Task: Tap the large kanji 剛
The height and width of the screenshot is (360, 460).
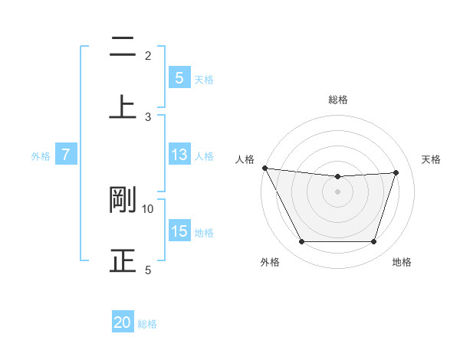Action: point(123,199)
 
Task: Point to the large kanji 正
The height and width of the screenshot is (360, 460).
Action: point(123,260)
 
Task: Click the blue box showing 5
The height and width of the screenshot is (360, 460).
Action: point(179,77)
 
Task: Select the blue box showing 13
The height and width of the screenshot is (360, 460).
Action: point(179,155)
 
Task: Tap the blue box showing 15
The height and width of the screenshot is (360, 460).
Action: point(179,231)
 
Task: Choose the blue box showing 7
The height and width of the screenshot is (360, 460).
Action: point(66,155)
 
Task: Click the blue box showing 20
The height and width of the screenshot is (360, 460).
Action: point(123,322)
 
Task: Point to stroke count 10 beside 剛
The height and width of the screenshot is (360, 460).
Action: point(148,208)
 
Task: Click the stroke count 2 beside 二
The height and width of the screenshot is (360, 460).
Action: point(148,56)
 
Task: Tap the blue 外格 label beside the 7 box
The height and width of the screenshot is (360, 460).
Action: point(41,156)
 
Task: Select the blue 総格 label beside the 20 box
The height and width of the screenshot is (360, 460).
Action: point(147,324)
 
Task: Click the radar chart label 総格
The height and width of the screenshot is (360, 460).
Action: point(338,100)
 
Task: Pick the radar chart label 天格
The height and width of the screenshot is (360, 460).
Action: point(432,159)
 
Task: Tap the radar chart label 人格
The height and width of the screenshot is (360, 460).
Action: point(245,159)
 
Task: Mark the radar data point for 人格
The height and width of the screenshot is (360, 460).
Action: point(264,168)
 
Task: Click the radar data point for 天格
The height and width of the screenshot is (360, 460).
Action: point(396,172)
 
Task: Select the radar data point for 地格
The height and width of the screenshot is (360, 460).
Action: point(374,242)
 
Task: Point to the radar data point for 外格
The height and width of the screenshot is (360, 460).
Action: point(301,242)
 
